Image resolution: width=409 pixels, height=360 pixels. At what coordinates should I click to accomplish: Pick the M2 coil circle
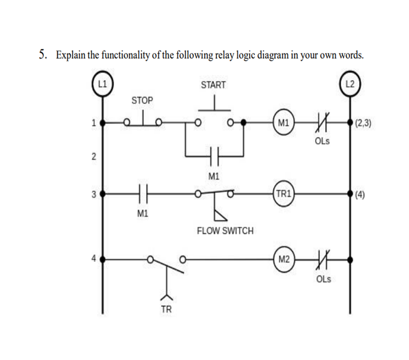point(283,260)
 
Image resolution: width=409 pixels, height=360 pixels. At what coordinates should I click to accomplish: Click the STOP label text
point(141,100)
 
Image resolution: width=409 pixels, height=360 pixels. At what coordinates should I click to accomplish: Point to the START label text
point(213,85)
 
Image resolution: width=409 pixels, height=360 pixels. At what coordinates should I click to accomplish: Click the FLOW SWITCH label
point(225,230)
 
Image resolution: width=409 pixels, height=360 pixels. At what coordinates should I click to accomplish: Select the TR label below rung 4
point(168,310)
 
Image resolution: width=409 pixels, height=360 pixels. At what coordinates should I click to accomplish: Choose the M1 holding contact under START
point(214,157)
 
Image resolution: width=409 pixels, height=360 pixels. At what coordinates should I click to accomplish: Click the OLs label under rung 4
point(323,279)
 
